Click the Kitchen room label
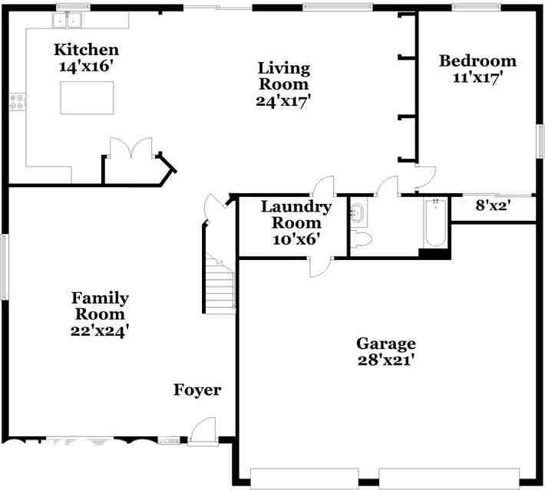pyautogui.click(x=86, y=50)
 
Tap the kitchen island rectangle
pyautogui.click(x=87, y=97)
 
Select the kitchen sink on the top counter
pyautogui.click(x=68, y=20)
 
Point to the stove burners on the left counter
pyautogui.click(x=17, y=102)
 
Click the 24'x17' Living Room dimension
pyautogui.click(x=283, y=101)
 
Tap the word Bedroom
pyautogui.click(x=477, y=61)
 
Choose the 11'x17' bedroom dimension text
pyautogui.click(x=477, y=77)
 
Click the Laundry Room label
pyautogui.click(x=296, y=215)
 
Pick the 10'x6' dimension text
pyautogui.click(x=296, y=239)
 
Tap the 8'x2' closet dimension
pyautogui.click(x=493, y=206)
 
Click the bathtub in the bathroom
pyautogui.click(x=435, y=223)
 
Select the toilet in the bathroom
pyautogui.click(x=361, y=238)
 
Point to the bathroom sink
pyautogui.click(x=358, y=212)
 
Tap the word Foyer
pyautogui.click(x=197, y=390)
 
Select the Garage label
pyautogui.click(x=386, y=344)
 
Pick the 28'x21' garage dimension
pyautogui.click(x=386, y=360)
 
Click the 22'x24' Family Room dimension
pyautogui.click(x=100, y=331)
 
